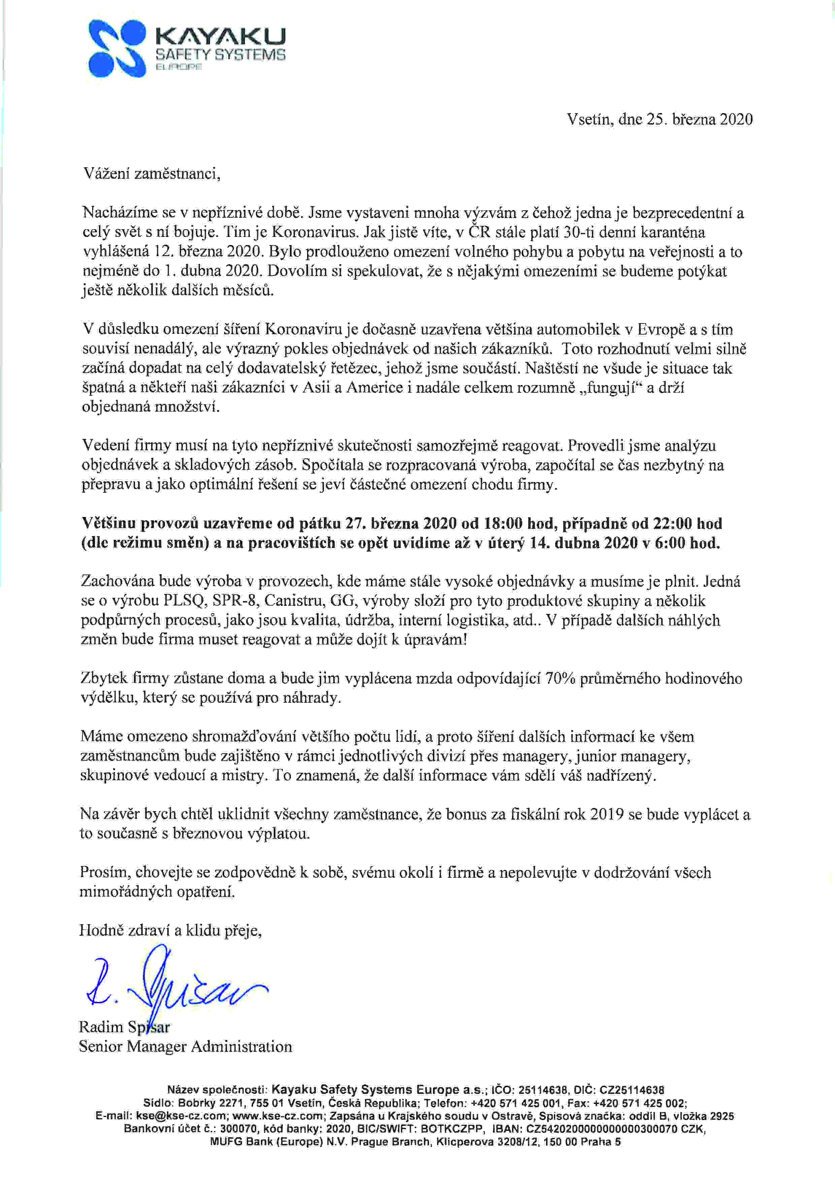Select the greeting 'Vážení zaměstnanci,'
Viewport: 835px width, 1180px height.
[x=152, y=174]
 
